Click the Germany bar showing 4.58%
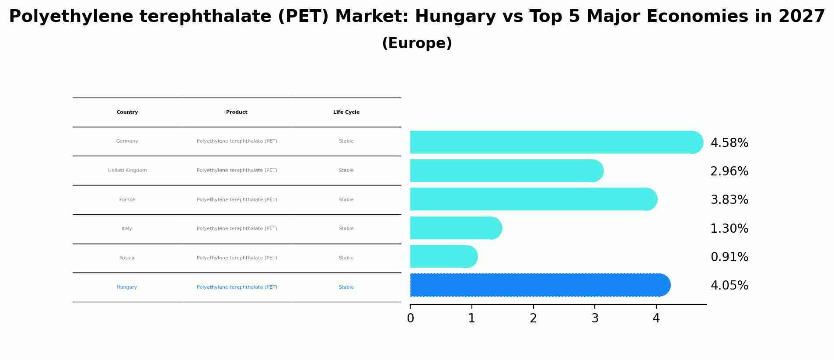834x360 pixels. [555, 142]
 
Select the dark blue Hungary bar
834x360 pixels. [539, 285]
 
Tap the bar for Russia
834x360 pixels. [443, 256]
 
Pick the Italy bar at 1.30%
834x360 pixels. [455, 228]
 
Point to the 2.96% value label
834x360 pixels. [729, 171]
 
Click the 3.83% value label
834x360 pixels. [729, 200]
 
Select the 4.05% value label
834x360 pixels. [729, 286]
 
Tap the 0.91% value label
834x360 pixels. [729, 257]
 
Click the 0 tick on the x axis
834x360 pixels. [410, 318]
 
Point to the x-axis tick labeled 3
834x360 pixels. [595, 318]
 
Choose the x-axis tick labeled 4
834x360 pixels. [656, 318]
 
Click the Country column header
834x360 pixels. [127, 112]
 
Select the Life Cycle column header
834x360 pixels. [346, 112]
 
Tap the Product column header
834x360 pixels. [237, 112]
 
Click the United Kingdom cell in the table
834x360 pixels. [127, 171]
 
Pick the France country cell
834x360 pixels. [127, 200]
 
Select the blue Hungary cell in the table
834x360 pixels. [127, 287]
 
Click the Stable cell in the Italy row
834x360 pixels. [346, 229]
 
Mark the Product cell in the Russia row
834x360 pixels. [237, 258]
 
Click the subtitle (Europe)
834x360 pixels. [417, 44]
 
